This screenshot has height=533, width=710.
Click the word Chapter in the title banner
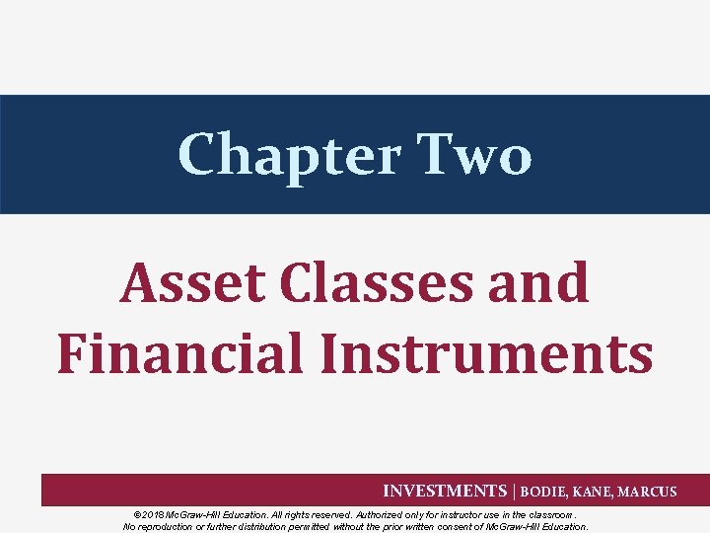click(x=289, y=155)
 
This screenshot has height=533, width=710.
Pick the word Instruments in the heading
click(x=485, y=352)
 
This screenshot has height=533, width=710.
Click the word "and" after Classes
click(x=543, y=282)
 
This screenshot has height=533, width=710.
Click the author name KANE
click(x=598, y=492)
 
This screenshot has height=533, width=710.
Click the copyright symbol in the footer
click(x=136, y=514)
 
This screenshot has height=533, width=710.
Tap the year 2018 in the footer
click(x=152, y=514)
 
